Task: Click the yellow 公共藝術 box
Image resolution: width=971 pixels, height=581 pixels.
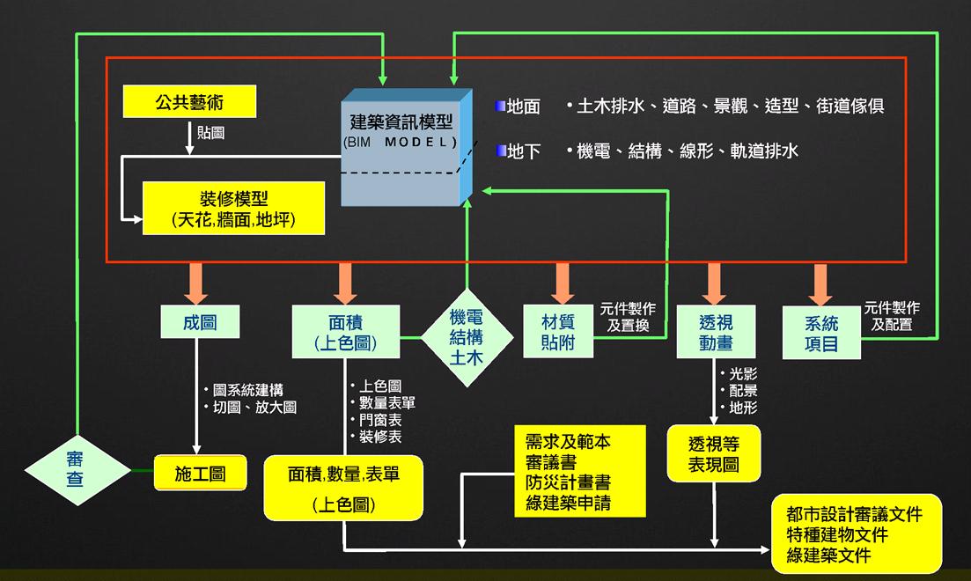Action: (x=189, y=102)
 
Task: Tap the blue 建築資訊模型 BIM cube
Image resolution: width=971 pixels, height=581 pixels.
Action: (x=401, y=145)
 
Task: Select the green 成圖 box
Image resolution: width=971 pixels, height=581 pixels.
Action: (x=199, y=323)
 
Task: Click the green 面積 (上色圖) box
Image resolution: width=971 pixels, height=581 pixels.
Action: (x=345, y=332)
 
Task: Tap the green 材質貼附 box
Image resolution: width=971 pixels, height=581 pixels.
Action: (x=558, y=331)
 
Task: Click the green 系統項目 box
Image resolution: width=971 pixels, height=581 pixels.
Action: (x=821, y=332)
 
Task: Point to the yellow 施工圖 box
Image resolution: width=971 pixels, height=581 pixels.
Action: (x=199, y=474)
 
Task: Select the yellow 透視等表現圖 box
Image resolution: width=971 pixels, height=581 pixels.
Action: (x=713, y=453)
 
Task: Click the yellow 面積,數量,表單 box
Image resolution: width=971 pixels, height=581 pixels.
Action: (x=343, y=488)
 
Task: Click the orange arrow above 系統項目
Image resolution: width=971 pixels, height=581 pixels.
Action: (x=821, y=283)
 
